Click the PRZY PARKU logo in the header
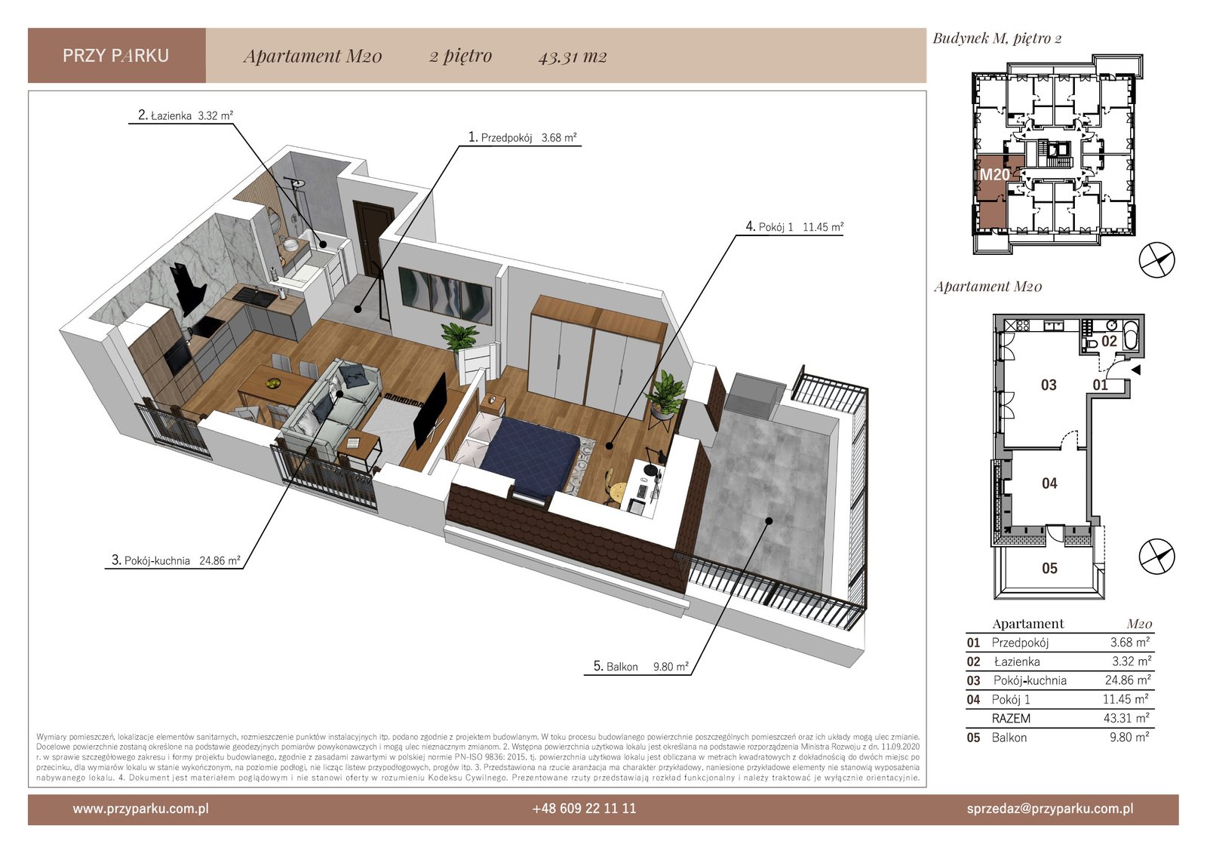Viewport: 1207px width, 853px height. coord(116,56)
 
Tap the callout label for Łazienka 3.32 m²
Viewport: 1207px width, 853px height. coord(186,115)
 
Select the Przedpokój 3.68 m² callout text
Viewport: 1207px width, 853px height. coord(522,137)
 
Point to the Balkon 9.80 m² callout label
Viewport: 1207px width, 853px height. coord(640,667)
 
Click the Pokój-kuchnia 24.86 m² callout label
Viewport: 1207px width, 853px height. coord(176,560)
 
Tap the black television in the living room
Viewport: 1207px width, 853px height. coord(429,410)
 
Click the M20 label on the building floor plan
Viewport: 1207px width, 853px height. coord(994,174)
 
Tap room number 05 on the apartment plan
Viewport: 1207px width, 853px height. coord(1049,569)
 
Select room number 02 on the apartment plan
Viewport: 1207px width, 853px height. coord(1109,341)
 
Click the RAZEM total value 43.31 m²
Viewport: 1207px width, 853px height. coord(1126,718)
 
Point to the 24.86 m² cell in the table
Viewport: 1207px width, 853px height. coord(1128,680)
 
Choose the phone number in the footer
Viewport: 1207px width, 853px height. coord(584,809)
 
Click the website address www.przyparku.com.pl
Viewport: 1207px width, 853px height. coord(140,809)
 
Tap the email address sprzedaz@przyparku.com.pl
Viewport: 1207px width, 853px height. coord(1050,809)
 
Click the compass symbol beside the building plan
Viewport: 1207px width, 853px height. coord(1156,260)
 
